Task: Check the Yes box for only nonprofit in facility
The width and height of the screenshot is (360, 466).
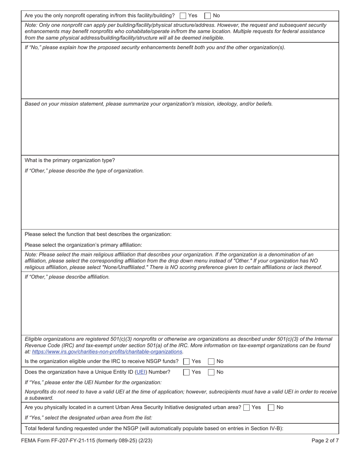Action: point(183,16)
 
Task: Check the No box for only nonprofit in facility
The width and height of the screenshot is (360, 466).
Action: point(208,16)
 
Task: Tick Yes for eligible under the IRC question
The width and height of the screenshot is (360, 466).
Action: point(186,361)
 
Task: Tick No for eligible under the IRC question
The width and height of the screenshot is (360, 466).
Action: point(211,361)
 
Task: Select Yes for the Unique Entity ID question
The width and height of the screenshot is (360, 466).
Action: point(186,372)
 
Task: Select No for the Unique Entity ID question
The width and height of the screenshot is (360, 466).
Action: point(211,372)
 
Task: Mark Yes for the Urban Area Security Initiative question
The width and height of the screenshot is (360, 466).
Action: point(247,408)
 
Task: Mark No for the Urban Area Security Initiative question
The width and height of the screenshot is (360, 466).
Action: point(271,408)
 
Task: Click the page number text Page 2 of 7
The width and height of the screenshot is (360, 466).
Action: point(325,441)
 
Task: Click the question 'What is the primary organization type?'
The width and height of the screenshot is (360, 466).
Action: point(70,160)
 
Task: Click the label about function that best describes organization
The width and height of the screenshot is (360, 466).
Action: point(98,234)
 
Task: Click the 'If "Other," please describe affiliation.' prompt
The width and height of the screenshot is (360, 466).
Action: point(67,277)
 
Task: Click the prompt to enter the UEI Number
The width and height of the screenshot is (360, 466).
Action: point(93,382)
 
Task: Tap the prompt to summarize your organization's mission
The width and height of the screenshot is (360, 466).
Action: point(149,104)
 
